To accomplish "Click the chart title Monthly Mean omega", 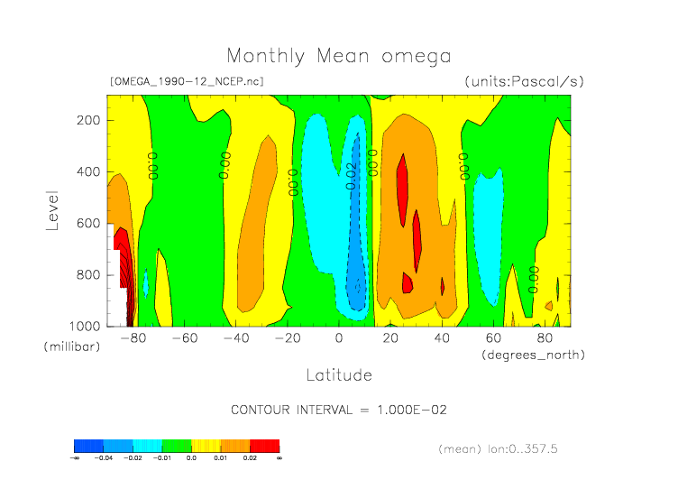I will click(x=338, y=56).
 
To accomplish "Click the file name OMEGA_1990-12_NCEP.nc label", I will click(x=187, y=81).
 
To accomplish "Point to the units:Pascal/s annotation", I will click(x=524, y=81).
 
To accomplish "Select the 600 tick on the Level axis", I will click(x=87, y=223).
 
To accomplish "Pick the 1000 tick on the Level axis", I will click(x=84, y=325).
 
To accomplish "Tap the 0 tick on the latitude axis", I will click(x=339, y=338).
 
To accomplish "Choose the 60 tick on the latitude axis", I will click(x=493, y=338).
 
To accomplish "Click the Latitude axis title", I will click(x=338, y=374).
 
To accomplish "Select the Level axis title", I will click(x=52, y=209).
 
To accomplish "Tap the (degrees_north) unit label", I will click(x=533, y=355).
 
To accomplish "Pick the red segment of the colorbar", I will click(x=264, y=446).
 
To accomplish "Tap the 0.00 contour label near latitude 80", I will click(x=533, y=279).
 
